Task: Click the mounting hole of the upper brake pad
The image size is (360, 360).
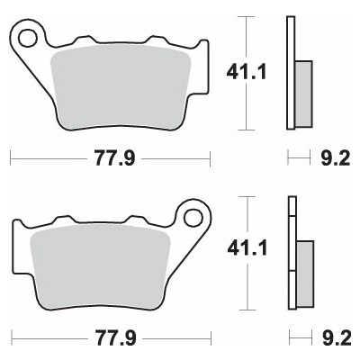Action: click(28, 38)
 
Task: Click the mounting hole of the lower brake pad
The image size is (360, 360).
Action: click(193, 218)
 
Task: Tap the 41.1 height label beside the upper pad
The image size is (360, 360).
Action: click(247, 73)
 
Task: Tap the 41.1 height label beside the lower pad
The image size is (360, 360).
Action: click(247, 249)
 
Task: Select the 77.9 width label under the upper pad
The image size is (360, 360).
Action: click(115, 158)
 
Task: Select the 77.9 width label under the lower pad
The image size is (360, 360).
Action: click(116, 338)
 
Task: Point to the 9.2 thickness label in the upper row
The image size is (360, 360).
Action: click(336, 158)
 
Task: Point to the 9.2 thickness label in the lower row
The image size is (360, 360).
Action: click(337, 338)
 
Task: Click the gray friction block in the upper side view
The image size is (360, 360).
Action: click(303, 94)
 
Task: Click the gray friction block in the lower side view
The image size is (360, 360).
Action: click(305, 274)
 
